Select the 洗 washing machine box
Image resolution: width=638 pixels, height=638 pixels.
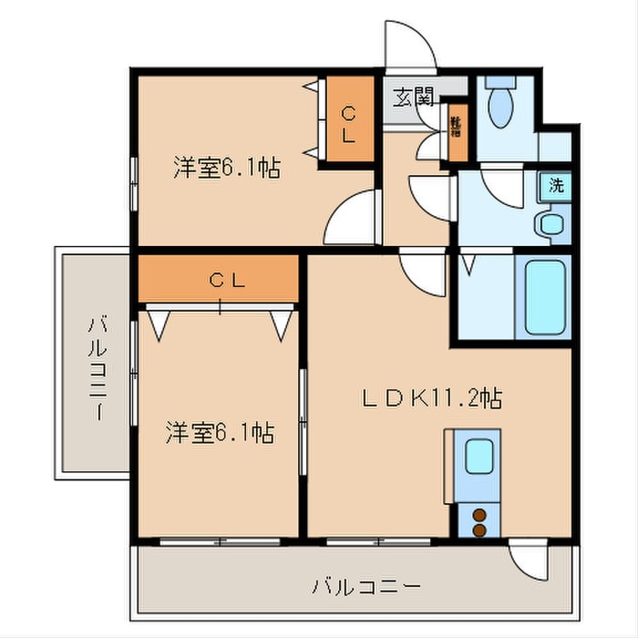(554, 185)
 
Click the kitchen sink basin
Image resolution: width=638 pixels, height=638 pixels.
(477, 455)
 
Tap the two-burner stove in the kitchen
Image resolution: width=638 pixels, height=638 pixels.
(477, 521)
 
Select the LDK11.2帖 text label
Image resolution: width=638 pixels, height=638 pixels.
(431, 397)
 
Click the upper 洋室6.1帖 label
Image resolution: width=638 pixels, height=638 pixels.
(226, 168)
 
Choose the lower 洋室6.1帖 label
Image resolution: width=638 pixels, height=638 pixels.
(220, 431)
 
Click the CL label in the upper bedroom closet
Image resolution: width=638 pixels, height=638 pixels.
(349, 123)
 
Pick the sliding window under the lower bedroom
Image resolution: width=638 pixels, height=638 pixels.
(219, 541)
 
